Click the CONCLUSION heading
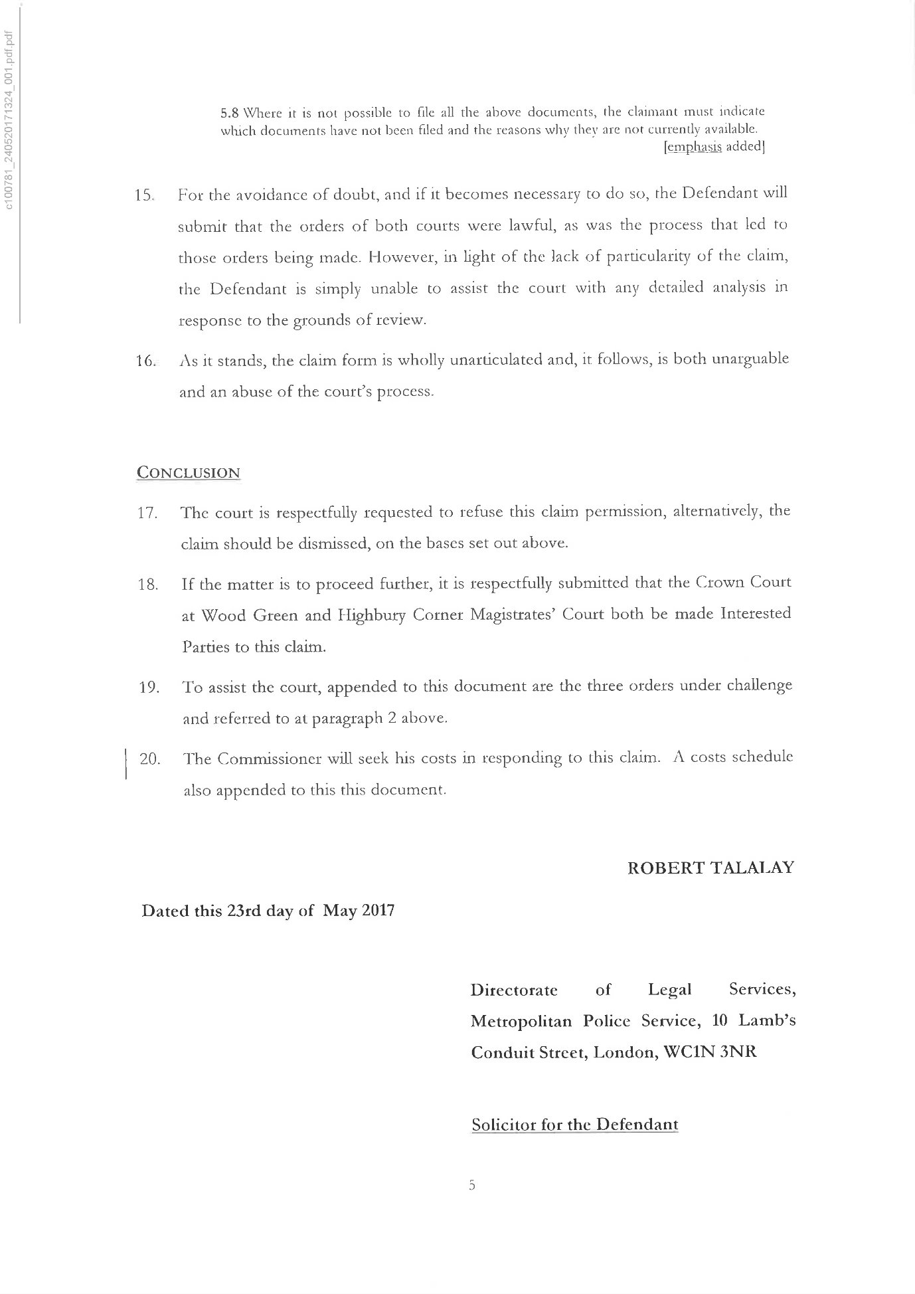point(188,472)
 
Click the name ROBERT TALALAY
point(710,868)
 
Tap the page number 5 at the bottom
point(471,1184)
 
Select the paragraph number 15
point(144,196)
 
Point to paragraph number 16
point(145,361)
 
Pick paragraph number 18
point(147,585)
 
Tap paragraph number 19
point(149,687)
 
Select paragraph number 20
point(149,759)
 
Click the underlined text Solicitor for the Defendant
point(574,1125)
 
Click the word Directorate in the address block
point(514,990)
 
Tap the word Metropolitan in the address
point(521,1021)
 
